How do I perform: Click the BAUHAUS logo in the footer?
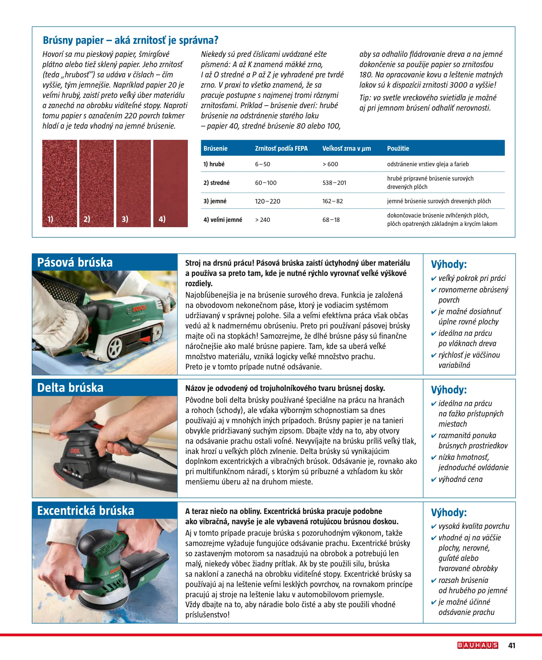477,645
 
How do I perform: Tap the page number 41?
512,645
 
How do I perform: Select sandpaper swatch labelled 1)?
60,183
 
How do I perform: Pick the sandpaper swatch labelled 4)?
170,183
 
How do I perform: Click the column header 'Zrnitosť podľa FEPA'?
281,149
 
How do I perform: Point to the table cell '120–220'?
267,201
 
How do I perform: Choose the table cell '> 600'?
330,164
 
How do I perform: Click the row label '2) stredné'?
216,183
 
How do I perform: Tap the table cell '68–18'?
331,220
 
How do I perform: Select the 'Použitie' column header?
398,149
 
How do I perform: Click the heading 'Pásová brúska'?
75,262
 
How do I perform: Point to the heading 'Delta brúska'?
70,387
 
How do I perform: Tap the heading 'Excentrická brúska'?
86,510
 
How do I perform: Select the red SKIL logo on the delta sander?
75,451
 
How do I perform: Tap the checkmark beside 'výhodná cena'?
433,479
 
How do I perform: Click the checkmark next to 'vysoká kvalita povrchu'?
433,526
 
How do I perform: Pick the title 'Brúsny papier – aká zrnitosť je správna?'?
131,40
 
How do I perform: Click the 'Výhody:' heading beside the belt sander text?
449,264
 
